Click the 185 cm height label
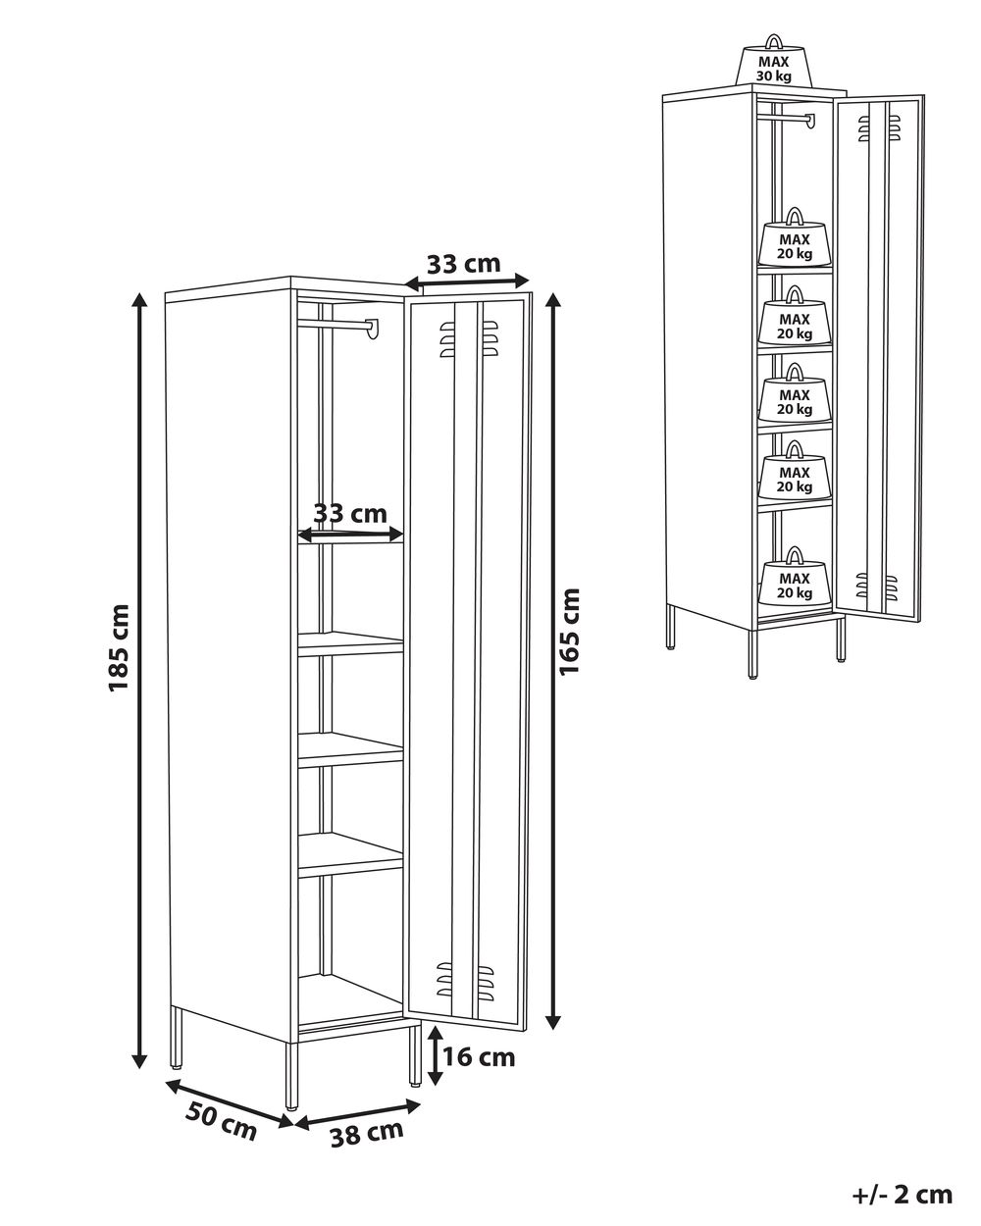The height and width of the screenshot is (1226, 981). [119, 647]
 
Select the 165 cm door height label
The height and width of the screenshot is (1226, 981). [569, 631]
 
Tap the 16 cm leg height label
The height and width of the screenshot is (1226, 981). [478, 1056]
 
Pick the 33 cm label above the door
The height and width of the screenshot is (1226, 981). [463, 264]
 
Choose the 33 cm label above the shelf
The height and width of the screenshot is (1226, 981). [350, 513]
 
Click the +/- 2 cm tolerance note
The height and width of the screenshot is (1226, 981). [903, 1194]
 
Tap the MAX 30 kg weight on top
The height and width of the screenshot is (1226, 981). [774, 67]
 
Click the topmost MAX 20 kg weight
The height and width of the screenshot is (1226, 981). [795, 240]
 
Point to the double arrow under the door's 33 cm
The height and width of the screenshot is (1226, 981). [467, 282]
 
